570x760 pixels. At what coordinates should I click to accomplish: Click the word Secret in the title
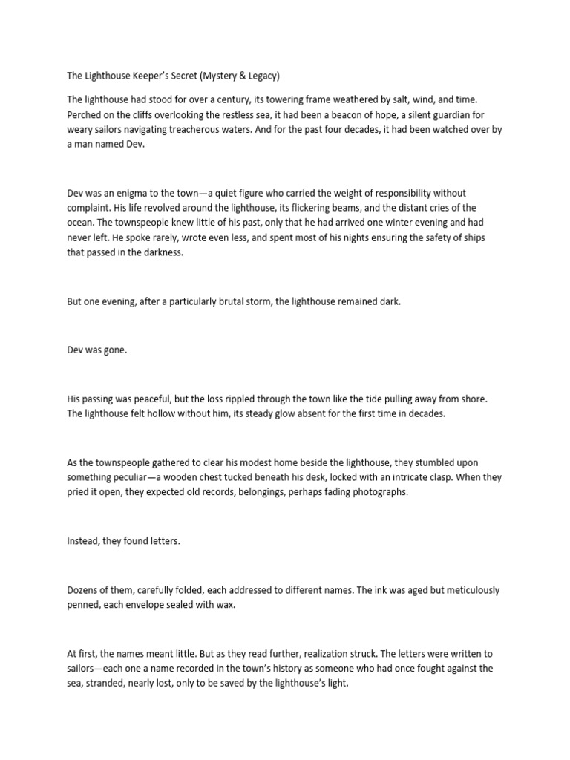coord(171,75)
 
